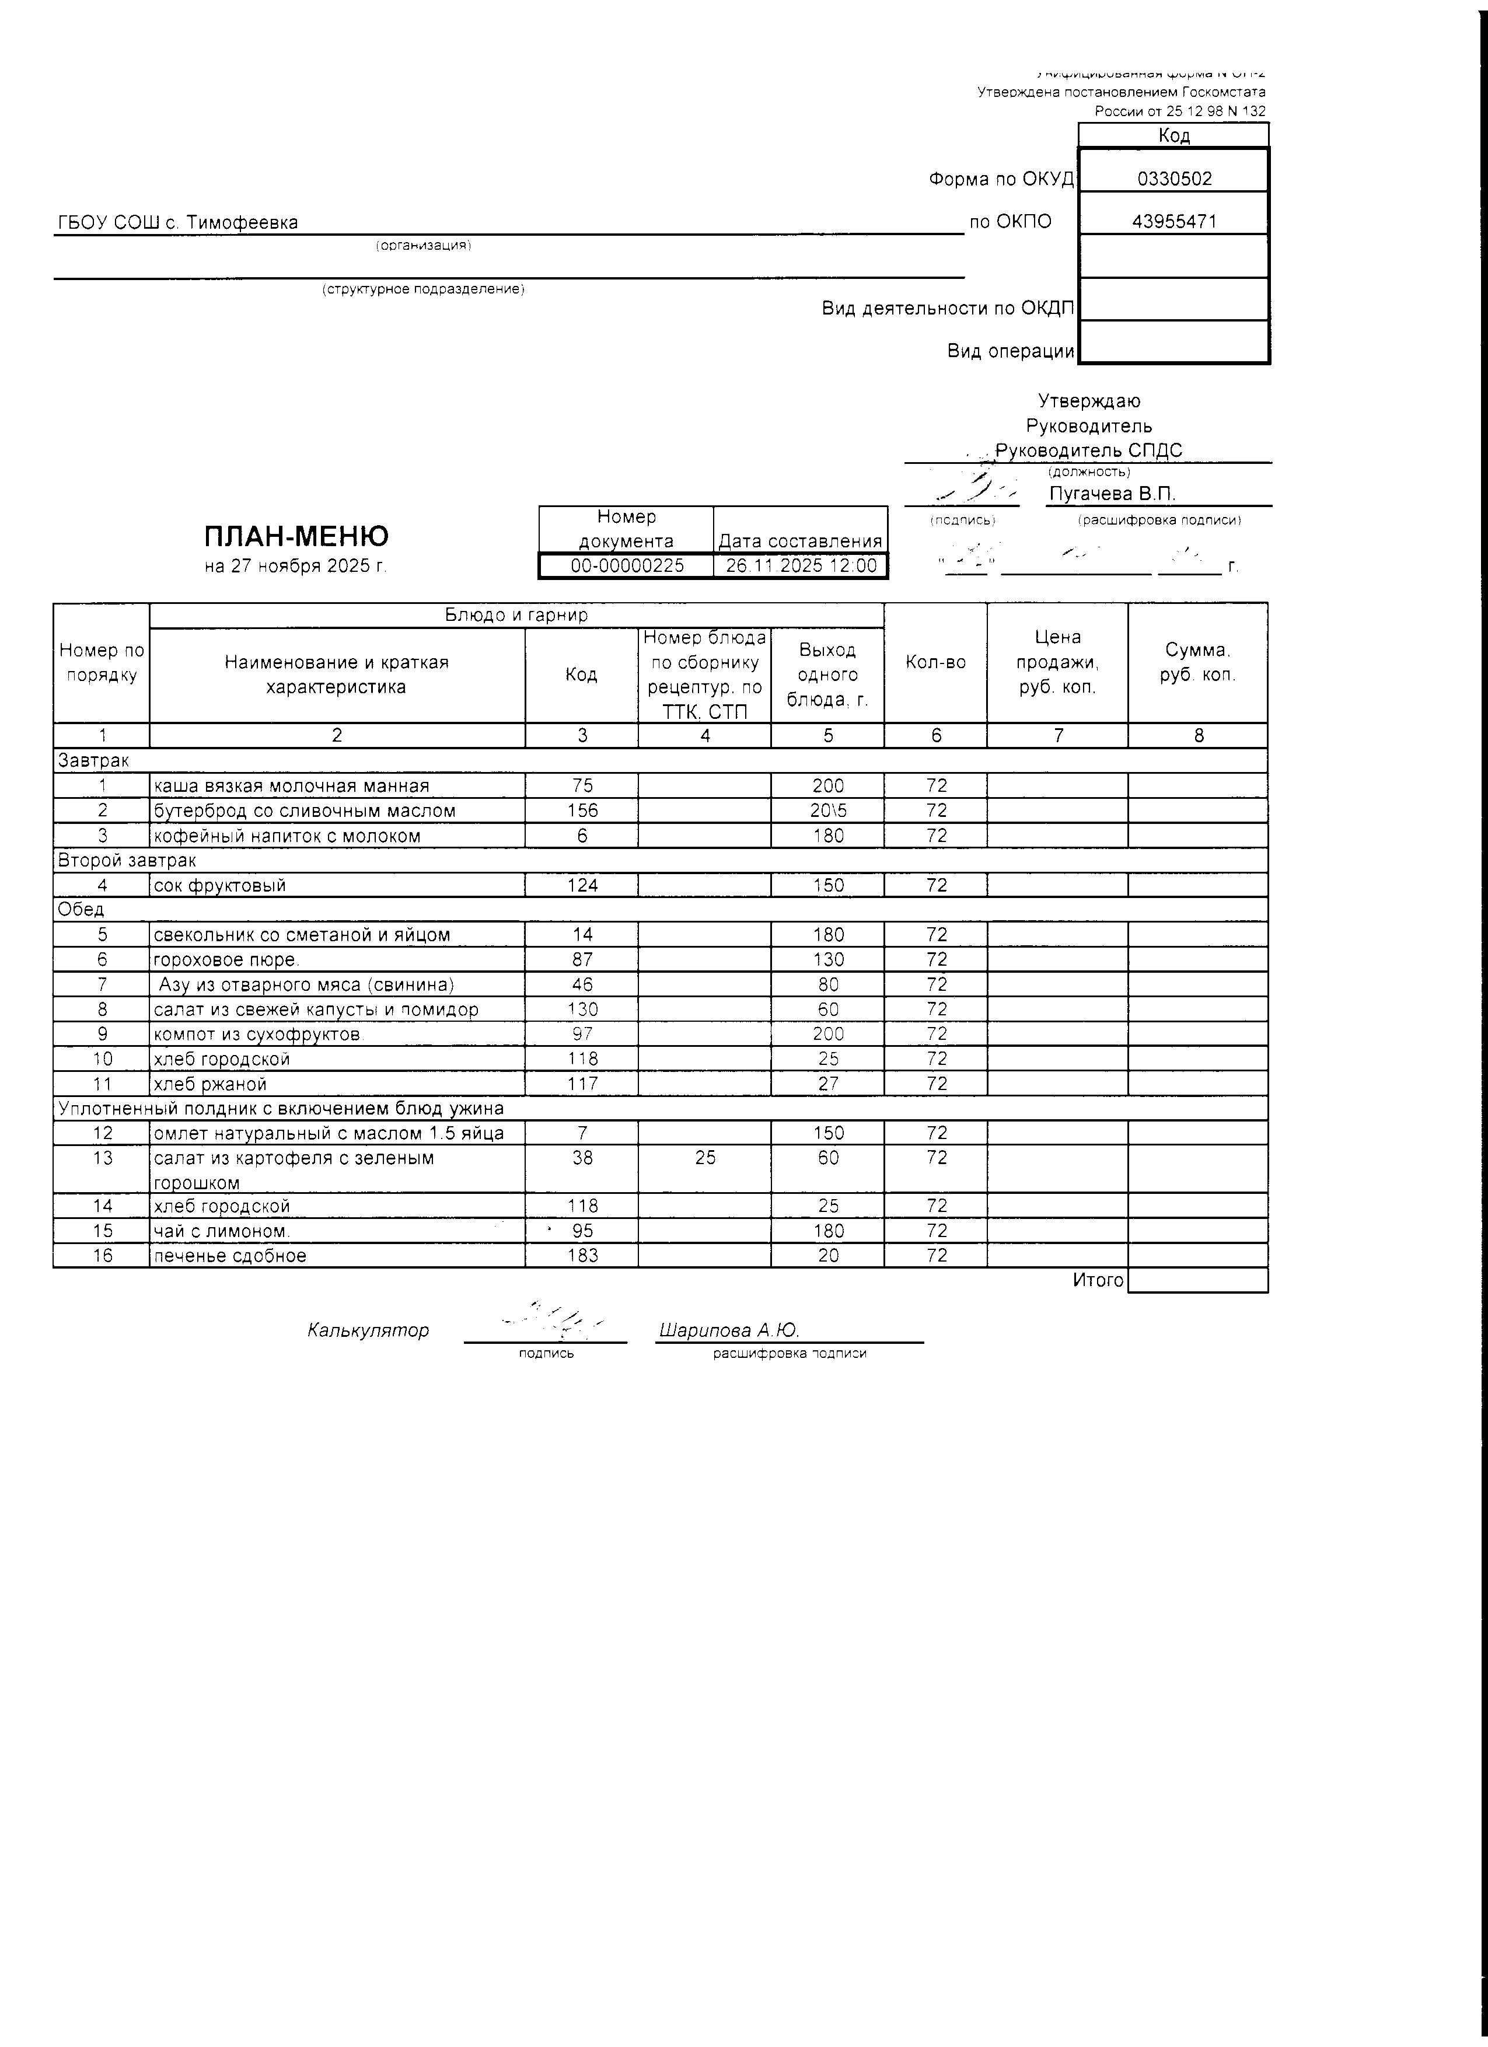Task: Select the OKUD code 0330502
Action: click(x=1174, y=179)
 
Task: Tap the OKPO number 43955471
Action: click(x=1174, y=222)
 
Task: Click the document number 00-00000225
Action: click(x=627, y=566)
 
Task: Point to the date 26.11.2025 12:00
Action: click(x=801, y=566)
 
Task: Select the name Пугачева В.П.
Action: click(x=1112, y=494)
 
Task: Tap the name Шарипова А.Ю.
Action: click(x=729, y=1330)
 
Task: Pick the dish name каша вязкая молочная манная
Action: click(x=291, y=786)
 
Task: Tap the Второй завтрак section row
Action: click(x=127, y=860)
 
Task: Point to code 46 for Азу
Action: click(x=582, y=984)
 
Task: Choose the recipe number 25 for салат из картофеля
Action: click(x=705, y=1157)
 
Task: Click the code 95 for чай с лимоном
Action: click(x=582, y=1231)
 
